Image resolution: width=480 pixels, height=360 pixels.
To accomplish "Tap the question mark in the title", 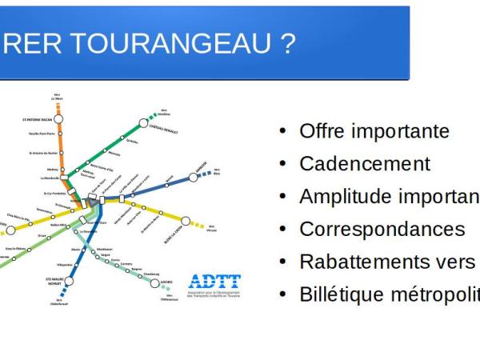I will [x=287, y=43].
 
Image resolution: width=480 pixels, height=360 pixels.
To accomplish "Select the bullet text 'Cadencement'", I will [x=364, y=164].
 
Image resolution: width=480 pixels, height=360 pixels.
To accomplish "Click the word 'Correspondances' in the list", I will [x=382, y=230].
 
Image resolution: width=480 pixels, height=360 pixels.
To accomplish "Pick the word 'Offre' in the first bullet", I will [x=322, y=131].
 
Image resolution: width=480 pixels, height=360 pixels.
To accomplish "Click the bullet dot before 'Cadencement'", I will [x=282, y=165].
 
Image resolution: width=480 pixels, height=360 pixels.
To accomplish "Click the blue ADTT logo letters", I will [x=214, y=282].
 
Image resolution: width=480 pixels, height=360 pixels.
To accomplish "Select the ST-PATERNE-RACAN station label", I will [x=37, y=120].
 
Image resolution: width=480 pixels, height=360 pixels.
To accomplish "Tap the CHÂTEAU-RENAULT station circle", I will [x=144, y=124].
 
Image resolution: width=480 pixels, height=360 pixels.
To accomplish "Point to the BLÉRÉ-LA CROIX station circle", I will [x=186, y=221].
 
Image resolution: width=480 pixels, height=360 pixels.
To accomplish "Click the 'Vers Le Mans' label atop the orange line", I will [x=57, y=97].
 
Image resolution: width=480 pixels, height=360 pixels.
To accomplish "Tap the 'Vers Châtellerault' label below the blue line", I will [x=59, y=302].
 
